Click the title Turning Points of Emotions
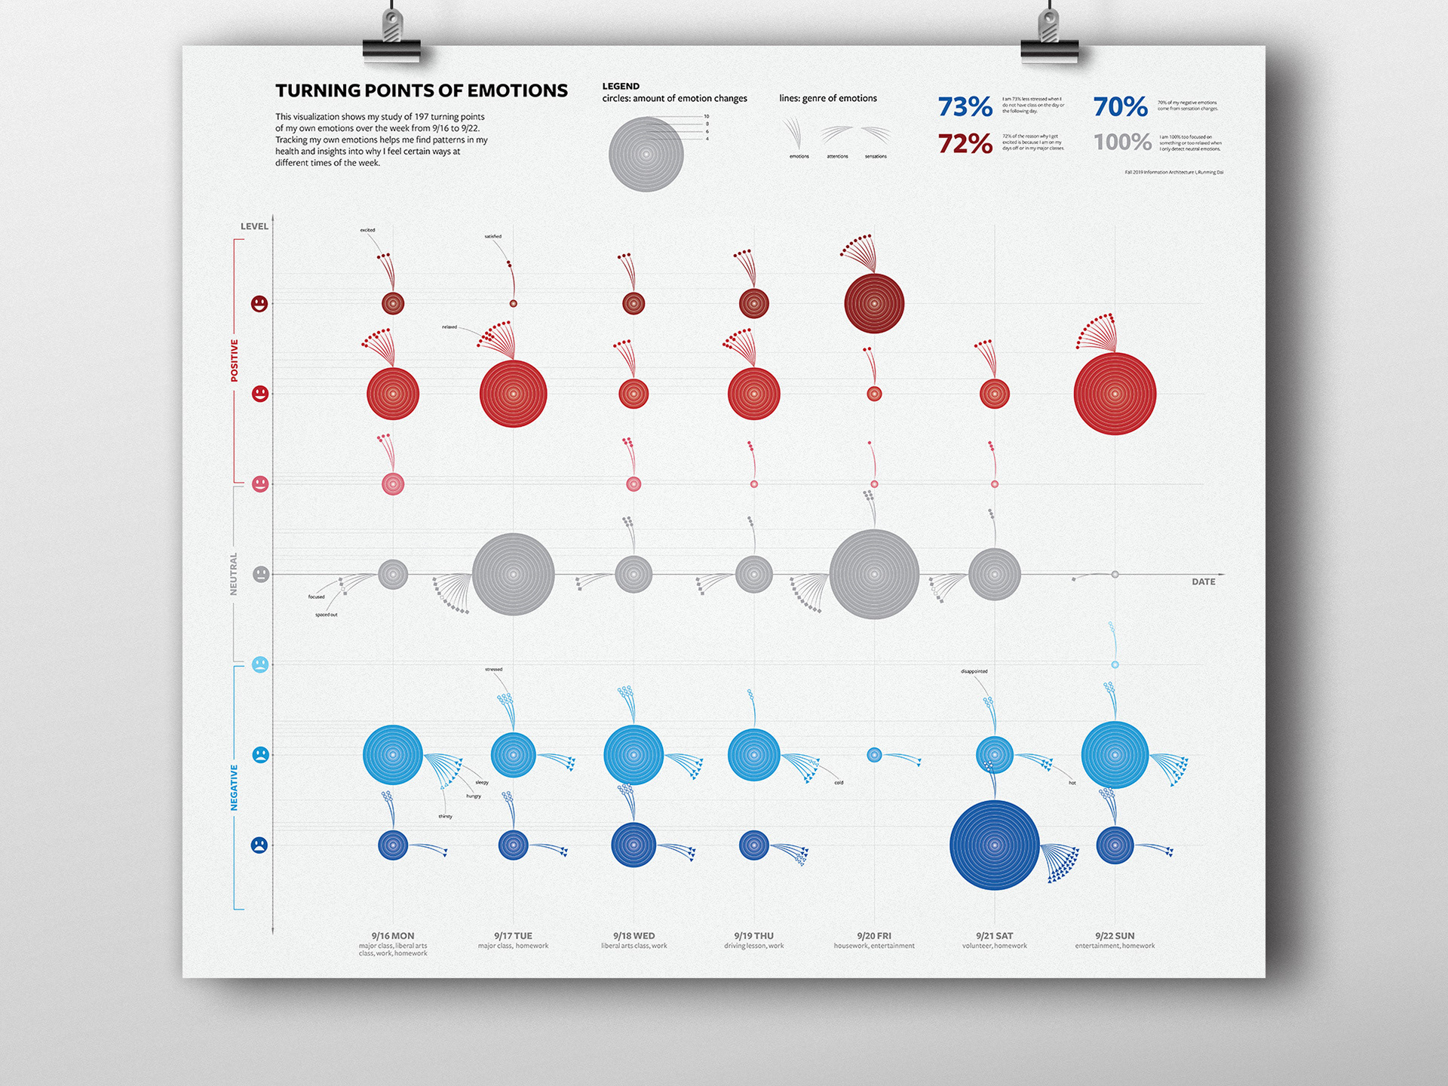421,90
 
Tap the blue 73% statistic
965,107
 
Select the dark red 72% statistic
965,143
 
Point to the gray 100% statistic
1122,142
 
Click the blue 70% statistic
1120,107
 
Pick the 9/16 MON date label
392,936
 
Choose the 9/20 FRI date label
873,936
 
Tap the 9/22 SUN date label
1115,936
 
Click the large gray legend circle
646,155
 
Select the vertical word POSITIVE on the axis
234,360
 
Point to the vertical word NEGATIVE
234,787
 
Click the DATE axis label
1203,581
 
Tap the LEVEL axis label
254,226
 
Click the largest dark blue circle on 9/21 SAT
994,845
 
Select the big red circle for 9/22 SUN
1115,394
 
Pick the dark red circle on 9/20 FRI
873,304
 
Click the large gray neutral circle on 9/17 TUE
513,575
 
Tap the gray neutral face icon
260,575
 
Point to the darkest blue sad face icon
259,845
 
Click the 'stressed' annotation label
493,669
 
